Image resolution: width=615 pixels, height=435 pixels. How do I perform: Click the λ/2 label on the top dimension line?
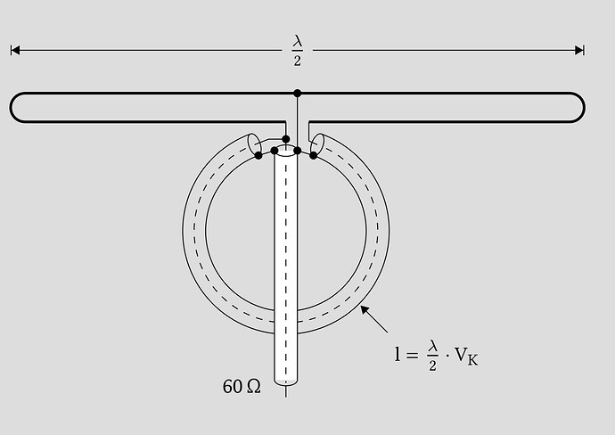[298, 51]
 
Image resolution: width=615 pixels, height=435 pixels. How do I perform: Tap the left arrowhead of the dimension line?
[15, 50]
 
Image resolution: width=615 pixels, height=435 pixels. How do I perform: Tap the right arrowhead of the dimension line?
[579, 50]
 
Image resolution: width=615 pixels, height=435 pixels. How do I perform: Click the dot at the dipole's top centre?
[298, 93]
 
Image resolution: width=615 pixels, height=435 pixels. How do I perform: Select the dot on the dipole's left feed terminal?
[286, 139]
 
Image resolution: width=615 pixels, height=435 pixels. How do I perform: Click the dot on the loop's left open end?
[258, 156]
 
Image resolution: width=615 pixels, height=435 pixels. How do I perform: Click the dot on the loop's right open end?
[313, 156]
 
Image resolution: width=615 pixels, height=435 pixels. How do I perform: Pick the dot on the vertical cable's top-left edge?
[275, 151]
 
